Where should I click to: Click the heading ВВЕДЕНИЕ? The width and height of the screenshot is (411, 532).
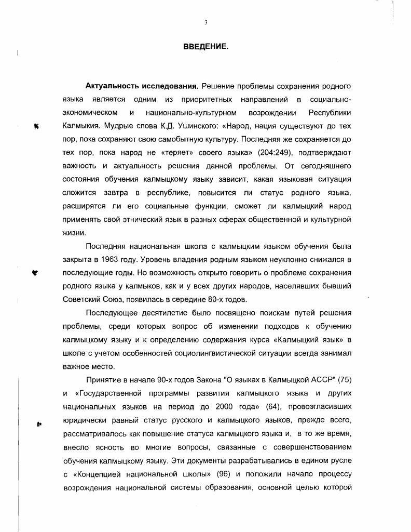tap(205, 47)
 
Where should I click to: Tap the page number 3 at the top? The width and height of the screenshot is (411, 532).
tap(206, 22)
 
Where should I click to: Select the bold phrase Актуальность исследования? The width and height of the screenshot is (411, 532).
tap(142, 86)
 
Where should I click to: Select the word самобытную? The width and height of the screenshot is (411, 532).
tap(200, 139)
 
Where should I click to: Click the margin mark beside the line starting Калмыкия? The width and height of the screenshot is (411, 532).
tap(36, 126)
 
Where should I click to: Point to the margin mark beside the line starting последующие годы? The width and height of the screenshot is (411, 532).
tap(35, 272)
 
